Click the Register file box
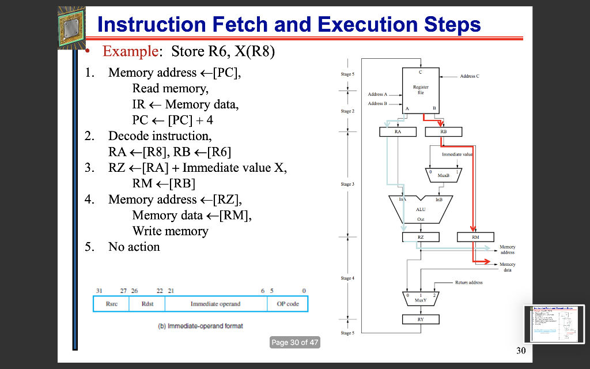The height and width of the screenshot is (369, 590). point(420,90)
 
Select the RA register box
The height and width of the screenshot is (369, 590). point(398,132)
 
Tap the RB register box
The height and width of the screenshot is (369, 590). point(442,132)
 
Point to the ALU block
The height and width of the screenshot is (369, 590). point(420,210)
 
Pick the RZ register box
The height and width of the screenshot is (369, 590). point(420,236)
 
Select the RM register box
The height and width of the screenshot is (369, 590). point(475,236)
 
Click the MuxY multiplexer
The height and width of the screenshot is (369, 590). point(420,299)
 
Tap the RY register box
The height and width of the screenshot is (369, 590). point(420,319)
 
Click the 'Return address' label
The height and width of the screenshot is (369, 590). point(468,283)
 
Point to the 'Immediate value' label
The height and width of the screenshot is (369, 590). point(456,155)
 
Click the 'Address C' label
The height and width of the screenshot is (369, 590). point(470,76)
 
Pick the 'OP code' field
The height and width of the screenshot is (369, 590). point(288,304)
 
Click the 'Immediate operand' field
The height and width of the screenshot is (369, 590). point(215,304)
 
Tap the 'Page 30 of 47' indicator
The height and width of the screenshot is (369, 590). point(294,342)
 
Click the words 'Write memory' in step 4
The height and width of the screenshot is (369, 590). point(170,231)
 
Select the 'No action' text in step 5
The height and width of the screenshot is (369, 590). point(134,247)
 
